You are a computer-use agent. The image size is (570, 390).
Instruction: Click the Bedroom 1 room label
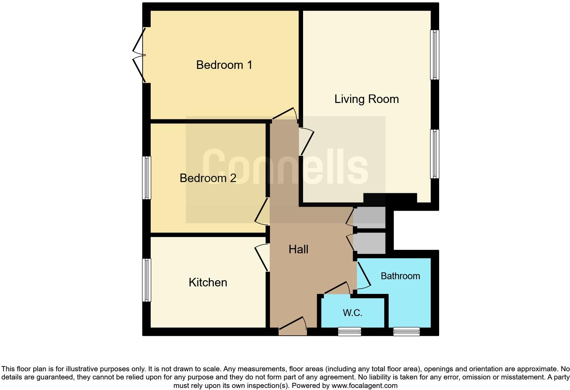pos(224,65)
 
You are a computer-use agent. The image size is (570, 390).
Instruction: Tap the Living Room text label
pos(366,99)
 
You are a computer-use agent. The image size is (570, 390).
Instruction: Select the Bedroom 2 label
pos(208,178)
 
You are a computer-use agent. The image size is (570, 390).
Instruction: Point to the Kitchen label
pos(208,282)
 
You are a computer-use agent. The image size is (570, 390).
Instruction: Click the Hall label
pos(298,249)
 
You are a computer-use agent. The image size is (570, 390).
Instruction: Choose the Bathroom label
pos(400,276)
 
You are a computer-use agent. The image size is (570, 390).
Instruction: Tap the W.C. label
pos(352,313)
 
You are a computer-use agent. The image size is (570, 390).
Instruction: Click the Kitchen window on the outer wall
pos(147,280)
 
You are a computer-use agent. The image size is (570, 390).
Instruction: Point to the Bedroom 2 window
pos(147,178)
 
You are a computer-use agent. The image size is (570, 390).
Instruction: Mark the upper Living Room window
pos(435,55)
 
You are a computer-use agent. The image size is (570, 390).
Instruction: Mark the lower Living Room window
pos(435,154)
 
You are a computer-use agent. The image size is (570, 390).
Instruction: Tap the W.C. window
pos(349,331)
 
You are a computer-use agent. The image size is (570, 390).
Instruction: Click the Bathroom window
pos(406,331)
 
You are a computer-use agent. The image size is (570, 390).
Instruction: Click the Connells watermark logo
pos(285,167)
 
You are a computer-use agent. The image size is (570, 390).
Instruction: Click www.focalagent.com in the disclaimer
pos(364,386)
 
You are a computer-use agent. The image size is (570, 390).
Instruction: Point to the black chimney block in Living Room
pos(390,198)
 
